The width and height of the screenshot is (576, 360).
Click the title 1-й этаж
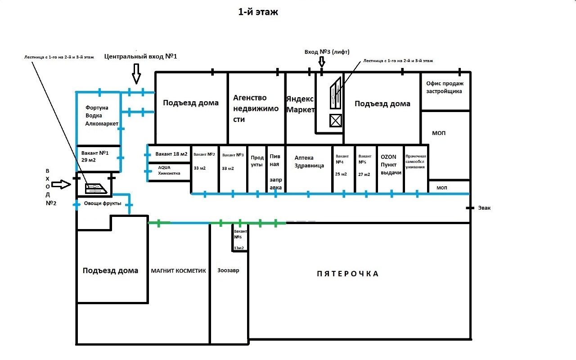coord(258,12)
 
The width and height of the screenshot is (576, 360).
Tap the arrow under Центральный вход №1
coord(136,74)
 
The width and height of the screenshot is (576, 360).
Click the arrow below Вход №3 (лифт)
coord(322,62)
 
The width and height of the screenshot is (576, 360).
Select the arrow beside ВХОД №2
coord(61,184)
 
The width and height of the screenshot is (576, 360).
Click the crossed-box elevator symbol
coord(336,121)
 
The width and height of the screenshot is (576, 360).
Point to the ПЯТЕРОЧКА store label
coord(347,274)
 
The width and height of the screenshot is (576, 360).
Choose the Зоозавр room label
coord(228,270)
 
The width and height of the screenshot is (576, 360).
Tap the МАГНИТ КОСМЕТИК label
coord(178,271)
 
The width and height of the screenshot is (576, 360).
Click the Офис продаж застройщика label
coord(445,87)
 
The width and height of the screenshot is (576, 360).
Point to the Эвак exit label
coord(484,208)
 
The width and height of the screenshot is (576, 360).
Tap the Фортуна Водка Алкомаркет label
coord(102,116)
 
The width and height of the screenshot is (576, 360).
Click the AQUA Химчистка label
coord(169,170)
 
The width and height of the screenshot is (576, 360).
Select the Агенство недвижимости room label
coord(256,108)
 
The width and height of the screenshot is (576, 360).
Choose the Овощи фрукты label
coord(102,203)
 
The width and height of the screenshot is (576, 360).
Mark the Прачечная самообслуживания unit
coord(415,162)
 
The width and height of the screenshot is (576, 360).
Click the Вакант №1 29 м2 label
coord(95,156)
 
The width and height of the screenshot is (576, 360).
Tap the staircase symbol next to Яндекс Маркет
coord(336,93)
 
